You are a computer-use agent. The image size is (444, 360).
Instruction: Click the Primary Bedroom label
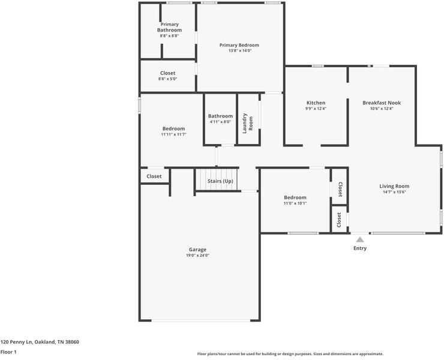tap(239, 45)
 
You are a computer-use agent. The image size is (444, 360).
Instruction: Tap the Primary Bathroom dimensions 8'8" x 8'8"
tap(169, 36)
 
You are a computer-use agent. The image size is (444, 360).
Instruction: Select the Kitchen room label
tap(316, 103)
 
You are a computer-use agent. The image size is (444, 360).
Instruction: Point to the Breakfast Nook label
tap(381, 103)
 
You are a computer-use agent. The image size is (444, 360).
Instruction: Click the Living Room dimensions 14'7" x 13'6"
tap(394, 192)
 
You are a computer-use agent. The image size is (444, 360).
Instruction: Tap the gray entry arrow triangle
tap(360, 239)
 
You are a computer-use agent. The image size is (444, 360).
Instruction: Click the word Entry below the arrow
tap(360, 248)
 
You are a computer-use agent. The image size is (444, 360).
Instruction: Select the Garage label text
tap(197, 250)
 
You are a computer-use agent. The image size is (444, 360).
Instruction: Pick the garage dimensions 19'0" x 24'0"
tap(197, 256)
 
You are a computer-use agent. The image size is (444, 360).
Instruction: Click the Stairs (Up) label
tap(220, 181)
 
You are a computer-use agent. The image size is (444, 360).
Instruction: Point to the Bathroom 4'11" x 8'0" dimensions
tap(220, 122)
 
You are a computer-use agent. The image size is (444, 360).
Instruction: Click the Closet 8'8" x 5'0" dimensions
tap(168, 79)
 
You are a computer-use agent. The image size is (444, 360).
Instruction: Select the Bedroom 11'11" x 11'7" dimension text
tap(173, 134)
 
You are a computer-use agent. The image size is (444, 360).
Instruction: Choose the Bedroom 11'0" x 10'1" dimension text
tap(295, 203)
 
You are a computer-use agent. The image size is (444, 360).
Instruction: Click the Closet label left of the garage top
tap(154, 176)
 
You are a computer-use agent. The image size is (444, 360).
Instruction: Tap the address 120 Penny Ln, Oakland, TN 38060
tap(40, 341)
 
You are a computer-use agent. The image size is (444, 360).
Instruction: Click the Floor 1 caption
tap(8, 352)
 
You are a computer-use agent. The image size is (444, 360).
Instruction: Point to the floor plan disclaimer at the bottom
tap(290, 354)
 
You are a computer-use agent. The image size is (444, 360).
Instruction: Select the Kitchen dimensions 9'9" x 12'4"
tap(316, 109)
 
